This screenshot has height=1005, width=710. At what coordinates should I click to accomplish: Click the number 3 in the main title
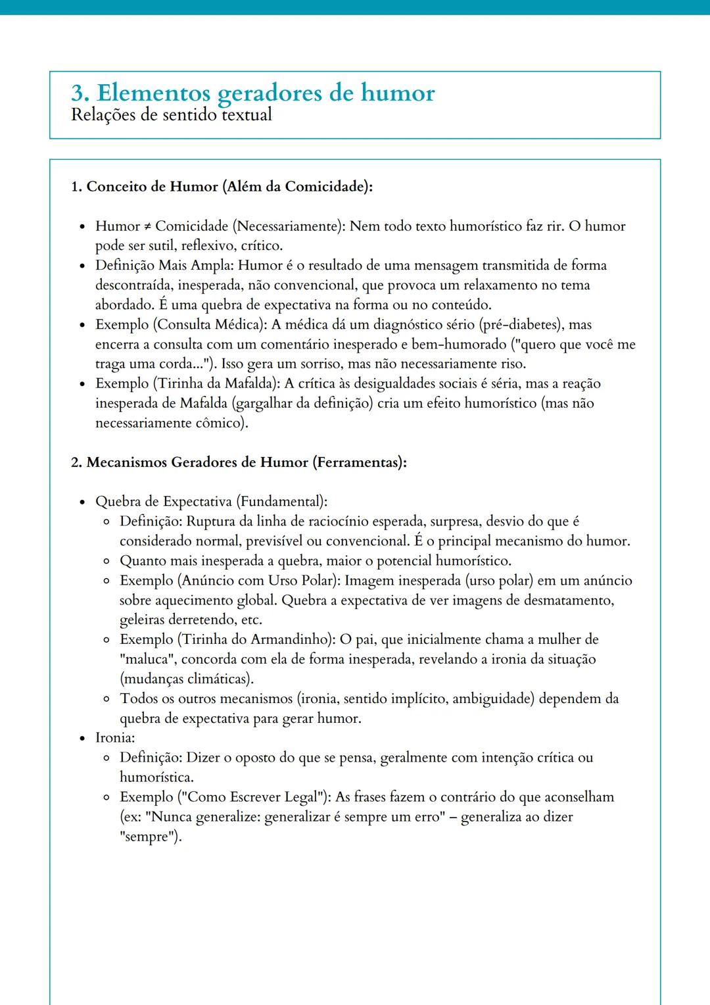pyautogui.click(x=78, y=93)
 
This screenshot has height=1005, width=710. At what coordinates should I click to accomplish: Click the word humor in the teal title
pyautogui.click(x=397, y=93)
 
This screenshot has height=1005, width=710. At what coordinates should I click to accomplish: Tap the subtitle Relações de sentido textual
pyautogui.click(x=171, y=115)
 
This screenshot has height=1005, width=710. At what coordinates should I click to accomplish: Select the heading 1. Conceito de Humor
pyautogui.click(x=221, y=187)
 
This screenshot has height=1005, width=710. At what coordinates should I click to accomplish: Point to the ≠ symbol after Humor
pyautogui.click(x=148, y=227)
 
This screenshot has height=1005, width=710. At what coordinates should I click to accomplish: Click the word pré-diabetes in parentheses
pyautogui.click(x=518, y=325)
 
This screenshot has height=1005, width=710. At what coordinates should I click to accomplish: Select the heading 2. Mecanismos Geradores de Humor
pyautogui.click(x=238, y=462)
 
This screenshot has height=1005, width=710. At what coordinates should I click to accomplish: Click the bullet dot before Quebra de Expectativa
pyautogui.click(x=82, y=502)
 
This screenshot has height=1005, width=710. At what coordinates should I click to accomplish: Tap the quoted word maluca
pyautogui.click(x=145, y=660)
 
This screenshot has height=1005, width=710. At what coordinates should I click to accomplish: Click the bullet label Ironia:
pyautogui.click(x=114, y=738)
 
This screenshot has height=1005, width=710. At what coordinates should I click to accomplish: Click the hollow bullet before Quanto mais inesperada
pyautogui.click(x=106, y=562)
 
